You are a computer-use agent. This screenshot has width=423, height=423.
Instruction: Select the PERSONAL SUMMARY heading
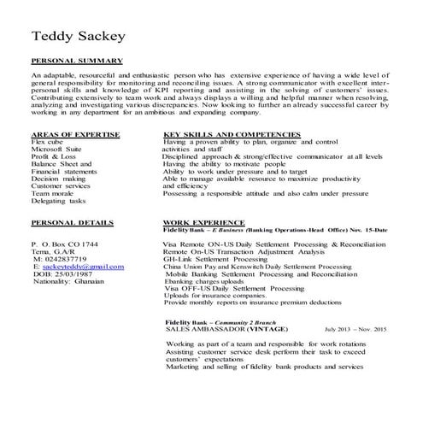(x=77, y=62)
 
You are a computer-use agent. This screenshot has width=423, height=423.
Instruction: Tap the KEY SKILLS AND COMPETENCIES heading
(x=231, y=134)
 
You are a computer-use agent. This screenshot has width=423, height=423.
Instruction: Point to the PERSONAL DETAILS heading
(x=72, y=221)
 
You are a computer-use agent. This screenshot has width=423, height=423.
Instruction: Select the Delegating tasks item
(x=58, y=201)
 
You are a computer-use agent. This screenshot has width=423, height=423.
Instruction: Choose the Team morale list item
(x=53, y=193)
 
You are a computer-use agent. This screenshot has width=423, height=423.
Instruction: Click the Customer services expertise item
(x=60, y=185)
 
